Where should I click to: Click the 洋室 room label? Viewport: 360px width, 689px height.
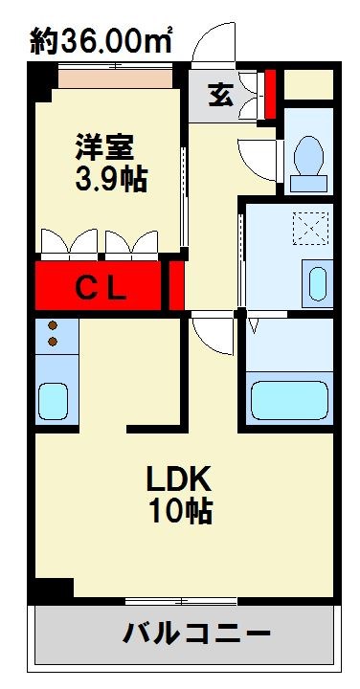[105, 148]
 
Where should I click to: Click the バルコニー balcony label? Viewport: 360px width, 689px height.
[195, 633]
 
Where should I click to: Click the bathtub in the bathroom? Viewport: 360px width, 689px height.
[286, 399]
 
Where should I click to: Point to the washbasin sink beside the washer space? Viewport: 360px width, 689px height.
[318, 283]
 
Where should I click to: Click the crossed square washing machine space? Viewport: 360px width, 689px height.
[311, 230]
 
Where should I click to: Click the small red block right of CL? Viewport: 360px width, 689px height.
[176, 285]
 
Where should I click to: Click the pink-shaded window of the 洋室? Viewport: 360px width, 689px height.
[115, 76]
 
